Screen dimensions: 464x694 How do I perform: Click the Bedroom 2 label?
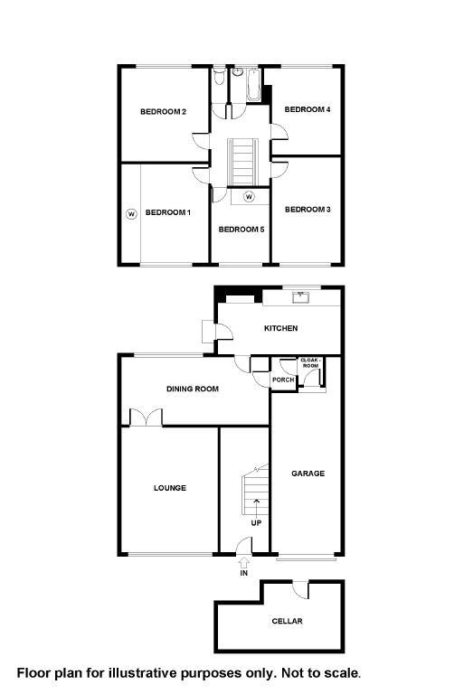pyautogui.click(x=163, y=111)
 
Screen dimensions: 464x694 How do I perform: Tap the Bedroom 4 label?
pyautogui.click(x=308, y=109)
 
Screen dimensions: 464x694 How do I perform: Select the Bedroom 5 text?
pyautogui.click(x=241, y=230)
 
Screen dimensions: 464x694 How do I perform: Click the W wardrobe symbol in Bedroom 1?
pyautogui.click(x=131, y=214)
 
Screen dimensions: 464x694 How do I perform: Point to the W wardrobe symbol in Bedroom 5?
pyautogui.click(x=249, y=196)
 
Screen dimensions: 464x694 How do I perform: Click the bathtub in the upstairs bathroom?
pyautogui.click(x=253, y=85)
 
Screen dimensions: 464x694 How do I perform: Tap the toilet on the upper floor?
pyautogui.click(x=219, y=77)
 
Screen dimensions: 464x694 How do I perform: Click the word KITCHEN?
pyautogui.click(x=280, y=328)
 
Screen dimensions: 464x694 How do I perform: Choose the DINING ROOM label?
pyautogui.click(x=193, y=389)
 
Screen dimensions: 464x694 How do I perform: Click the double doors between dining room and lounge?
pyautogui.click(x=146, y=417)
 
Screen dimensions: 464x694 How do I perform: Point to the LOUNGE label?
pyautogui.click(x=170, y=488)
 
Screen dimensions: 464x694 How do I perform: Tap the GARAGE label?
pyautogui.click(x=308, y=474)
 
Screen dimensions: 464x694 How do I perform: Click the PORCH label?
pyautogui.click(x=283, y=380)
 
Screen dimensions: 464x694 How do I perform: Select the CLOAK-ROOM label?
pyautogui.click(x=310, y=363)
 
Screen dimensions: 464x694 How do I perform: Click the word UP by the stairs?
pyautogui.click(x=256, y=522)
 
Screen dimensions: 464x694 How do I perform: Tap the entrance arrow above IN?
pyautogui.click(x=243, y=563)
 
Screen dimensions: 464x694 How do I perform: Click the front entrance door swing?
pyautogui.click(x=244, y=545)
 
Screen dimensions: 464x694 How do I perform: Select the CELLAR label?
pyautogui.click(x=288, y=622)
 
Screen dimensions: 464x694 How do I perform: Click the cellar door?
pyautogui.click(x=301, y=589)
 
